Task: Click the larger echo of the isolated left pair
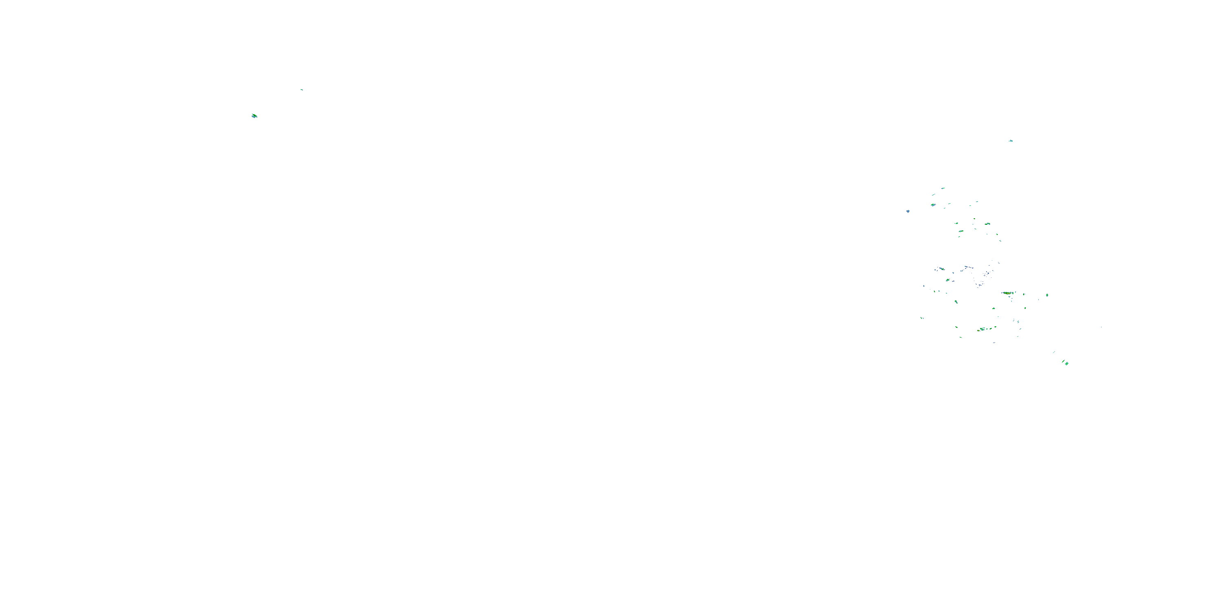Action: (254, 116)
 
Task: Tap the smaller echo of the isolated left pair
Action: (302, 89)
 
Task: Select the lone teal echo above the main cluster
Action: (1011, 141)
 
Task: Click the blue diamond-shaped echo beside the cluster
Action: (908, 211)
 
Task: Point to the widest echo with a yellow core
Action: (1007, 293)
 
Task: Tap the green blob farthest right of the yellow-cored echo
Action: (1047, 295)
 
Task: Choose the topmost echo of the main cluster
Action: (943, 188)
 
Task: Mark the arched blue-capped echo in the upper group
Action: (987, 224)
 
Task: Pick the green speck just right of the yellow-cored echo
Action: (1024, 294)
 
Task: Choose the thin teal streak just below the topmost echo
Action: (934, 194)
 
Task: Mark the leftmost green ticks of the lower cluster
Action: (922, 318)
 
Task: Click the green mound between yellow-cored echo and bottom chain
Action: (994, 308)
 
